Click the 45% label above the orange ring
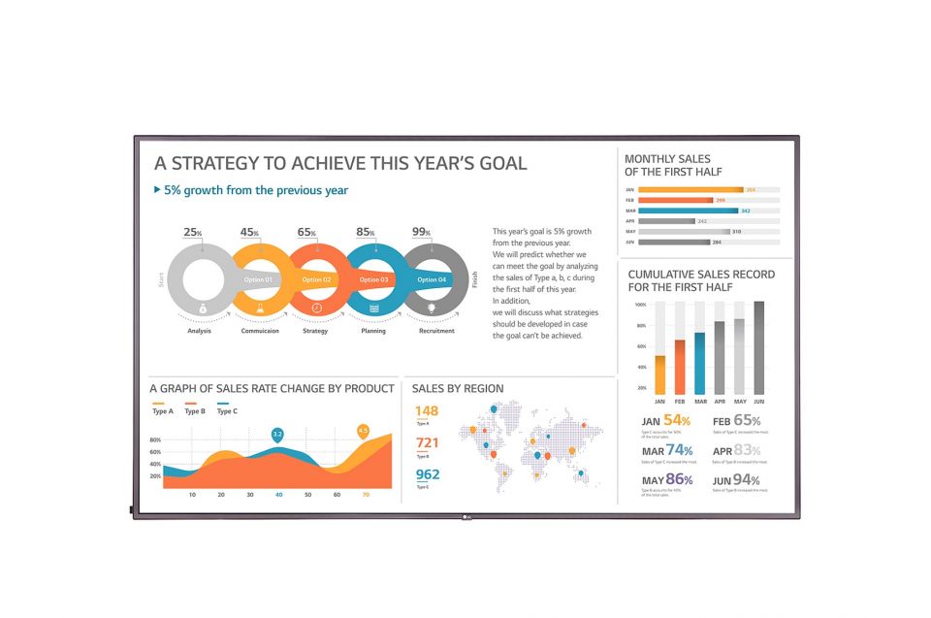(x=250, y=233)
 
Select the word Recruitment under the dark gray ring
(x=436, y=331)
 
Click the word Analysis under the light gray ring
(x=200, y=331)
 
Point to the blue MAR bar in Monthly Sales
(x=688, y=211)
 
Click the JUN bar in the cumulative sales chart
(x=758, y=346)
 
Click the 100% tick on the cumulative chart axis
(x=640, y=304)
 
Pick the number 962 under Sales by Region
(x=427, y=474)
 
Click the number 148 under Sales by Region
(x=427, y=411)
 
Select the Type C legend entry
(x=228, y=411)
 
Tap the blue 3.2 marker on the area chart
(x=277, y=434)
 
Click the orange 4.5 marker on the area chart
(x=364, y=430)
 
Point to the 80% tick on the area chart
(x=155, y=439)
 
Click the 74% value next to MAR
(x=679, y=450)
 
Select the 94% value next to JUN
(x=746, y=479)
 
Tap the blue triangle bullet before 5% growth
(x=158, y=190)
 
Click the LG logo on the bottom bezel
(x=466, y=515)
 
